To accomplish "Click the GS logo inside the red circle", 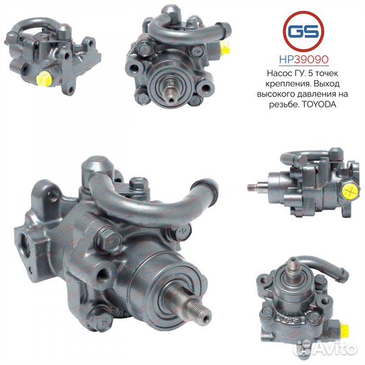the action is pyautogui.click(x=303, y=31).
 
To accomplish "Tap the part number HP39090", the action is pyautogui.click(x=303, y=60).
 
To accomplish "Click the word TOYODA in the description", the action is pyautogui.click(x=318, y=105).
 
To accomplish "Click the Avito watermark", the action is pyautogui.click(x=326, y=349).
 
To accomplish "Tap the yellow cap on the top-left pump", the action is pyautogui.click(x=44, y=78).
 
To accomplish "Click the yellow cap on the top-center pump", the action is pyautogui.click(x=226, y=48).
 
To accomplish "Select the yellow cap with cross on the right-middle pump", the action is pyautogui.click(x=351, y=192).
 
